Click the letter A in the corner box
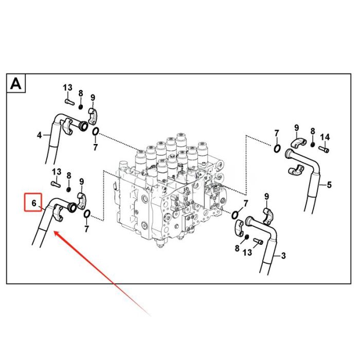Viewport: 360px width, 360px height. pyautogui.click(x=16, y=84)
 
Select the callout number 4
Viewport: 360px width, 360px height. pyautogui.click(x=39, y=136)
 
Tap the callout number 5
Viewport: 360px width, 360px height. pyautogui.click(x=329, y=185)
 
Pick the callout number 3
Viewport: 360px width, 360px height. pyautogui.click(x=283, y=255)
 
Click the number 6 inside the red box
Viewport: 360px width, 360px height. pyautogui.click(x=34, y=204)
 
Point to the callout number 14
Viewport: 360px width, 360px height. pyautogui.click(x=325, y=137)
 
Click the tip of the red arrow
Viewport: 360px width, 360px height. pyautogui.click(x=55, y=232)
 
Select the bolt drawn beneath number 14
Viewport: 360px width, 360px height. pyautogui.click(x=323, y=149)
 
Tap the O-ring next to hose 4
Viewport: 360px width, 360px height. pyautogui.click(x=96, y=133)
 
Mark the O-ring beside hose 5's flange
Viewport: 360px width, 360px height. pyautogui.click(x=277, y=149)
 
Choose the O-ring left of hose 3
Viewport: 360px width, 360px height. pyautogui.click(x=235, y=214)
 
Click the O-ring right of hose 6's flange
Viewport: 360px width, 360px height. pyautogui.click(x=86, y=214)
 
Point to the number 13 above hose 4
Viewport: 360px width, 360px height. pyautogui.click(x=68, y=88)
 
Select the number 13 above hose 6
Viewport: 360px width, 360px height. pyautogui.click(x=57, y=171)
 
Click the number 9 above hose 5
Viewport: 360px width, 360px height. pyautogui.click(x=296, y=128)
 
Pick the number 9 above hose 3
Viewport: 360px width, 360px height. pyautogui.click(x=266, y=196)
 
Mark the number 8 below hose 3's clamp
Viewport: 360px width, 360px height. pyautogui.click(x=237, y=248)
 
